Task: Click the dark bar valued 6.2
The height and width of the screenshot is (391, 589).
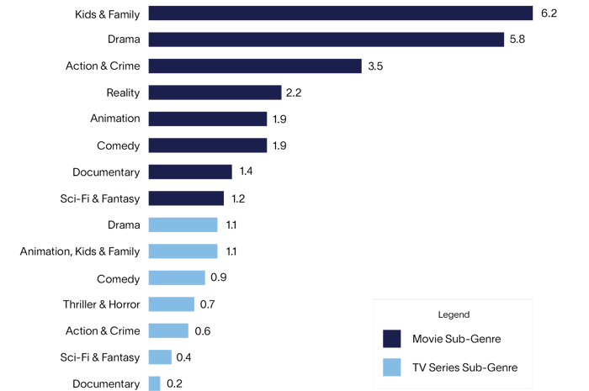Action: [341, 13]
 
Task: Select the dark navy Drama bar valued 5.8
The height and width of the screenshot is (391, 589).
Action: [326, 40]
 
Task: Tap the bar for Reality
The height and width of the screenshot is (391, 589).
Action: [215, 92]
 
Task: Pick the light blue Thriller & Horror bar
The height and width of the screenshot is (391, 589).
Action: [172, 304]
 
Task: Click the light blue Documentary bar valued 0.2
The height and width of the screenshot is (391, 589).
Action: [154, 383]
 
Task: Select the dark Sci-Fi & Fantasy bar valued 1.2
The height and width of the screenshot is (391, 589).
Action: [186, 198]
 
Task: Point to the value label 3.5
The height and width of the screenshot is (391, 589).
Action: [376, 66]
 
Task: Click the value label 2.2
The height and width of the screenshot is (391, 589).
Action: [294, 92]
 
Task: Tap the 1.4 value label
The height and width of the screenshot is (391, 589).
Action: [247, 172]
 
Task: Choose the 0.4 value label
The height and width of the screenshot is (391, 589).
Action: [184, 357]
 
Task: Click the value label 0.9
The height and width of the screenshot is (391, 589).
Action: [219, 278]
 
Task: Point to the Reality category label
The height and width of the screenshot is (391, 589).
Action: [123, 92]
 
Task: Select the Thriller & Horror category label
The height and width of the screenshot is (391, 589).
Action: [101, 304]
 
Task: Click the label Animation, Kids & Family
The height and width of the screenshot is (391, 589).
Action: [80, 251]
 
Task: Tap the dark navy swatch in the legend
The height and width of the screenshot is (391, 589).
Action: [391, 338]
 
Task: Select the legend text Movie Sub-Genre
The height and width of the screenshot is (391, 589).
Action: [457, 338]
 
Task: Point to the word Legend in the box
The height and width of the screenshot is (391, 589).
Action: [454, 314]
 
